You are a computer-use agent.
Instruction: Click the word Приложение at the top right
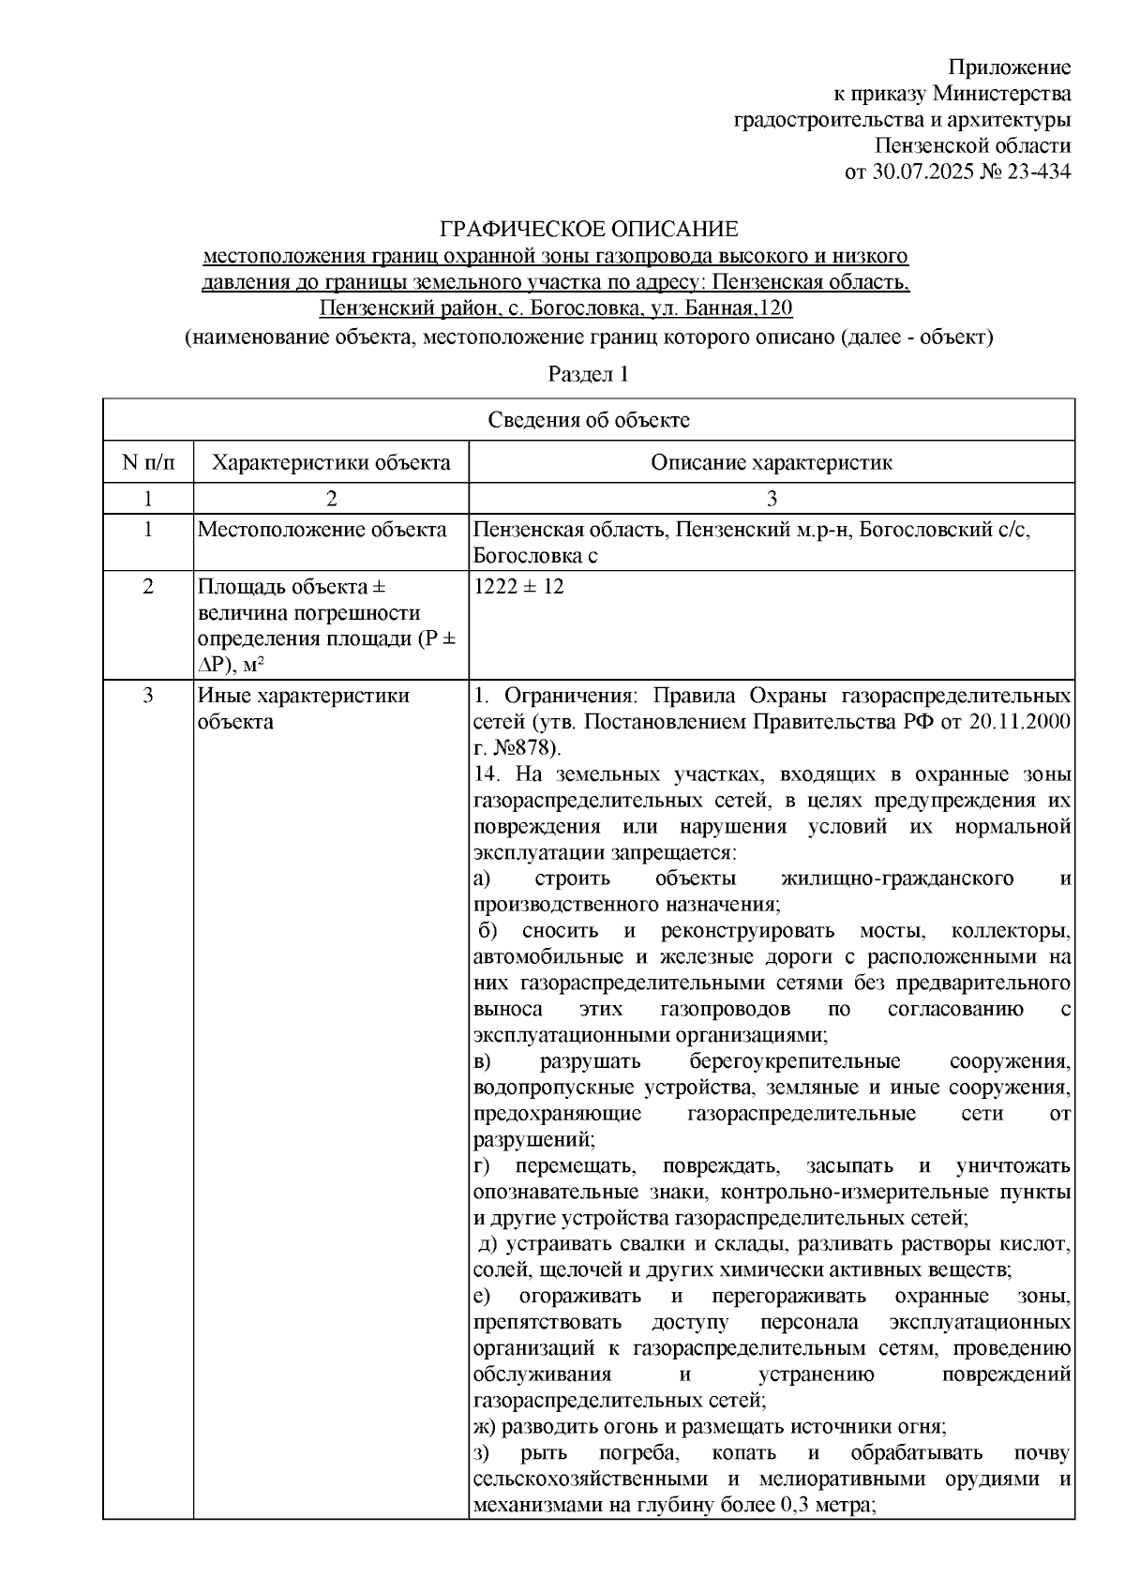pyautogui.click(x=1009, y=68)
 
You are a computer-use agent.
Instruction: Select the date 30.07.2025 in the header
pyautogui.click(x=918, y=173)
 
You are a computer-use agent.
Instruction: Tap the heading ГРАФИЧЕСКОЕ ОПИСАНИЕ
pyautogui.click(x=590, y=230)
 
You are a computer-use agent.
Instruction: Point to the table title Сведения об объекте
pyautogui.click(x=588, y=420)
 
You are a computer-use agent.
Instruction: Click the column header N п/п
pyautogui.click(x=147, y=462)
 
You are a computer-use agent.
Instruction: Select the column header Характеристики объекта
pyautogui.click(x=330, y=462)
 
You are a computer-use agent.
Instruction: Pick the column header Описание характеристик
pyautogui.click(x=772, y=462)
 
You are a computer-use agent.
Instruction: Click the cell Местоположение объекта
pyautogui.click(x=322, y=531)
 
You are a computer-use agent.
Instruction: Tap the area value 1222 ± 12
pyautogui.click(x=518, y=588)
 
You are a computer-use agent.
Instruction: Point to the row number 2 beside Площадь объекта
pyautogui.click(x=147, y=588)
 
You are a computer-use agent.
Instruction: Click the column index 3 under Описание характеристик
pyautogui.click(x=772, y=498)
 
